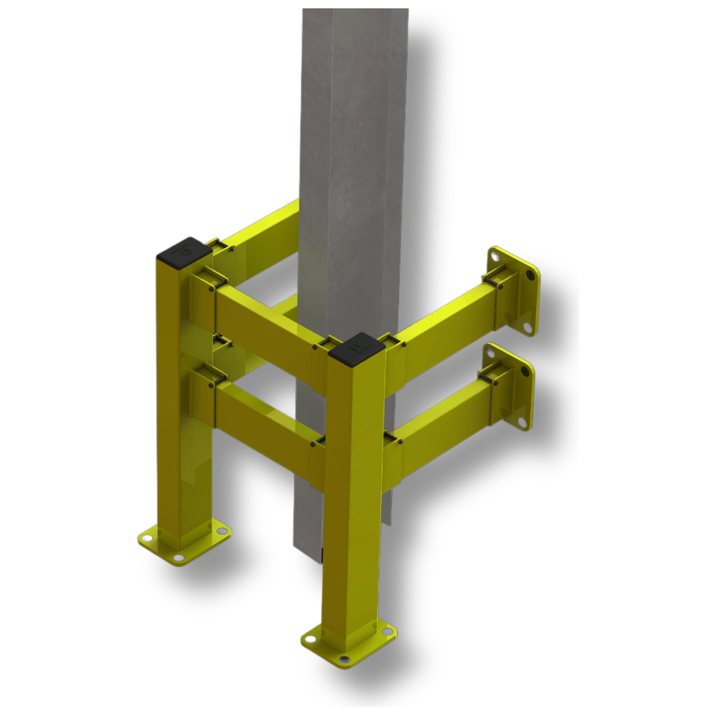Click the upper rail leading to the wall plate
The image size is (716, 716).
point(443,327)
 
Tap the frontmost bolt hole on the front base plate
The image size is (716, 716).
point(345,660)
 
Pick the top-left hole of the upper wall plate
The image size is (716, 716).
point(494,254)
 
